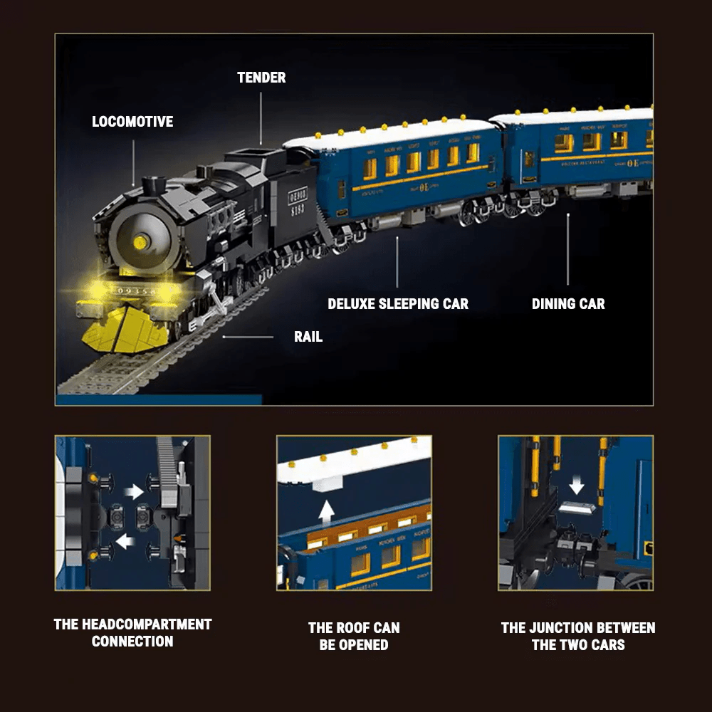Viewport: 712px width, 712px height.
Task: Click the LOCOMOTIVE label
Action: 132,122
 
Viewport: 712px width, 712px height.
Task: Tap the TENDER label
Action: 261,78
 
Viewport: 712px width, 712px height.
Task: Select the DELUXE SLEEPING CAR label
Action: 398,304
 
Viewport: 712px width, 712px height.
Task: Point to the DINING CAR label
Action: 568,304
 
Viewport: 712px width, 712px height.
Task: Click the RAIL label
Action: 308,337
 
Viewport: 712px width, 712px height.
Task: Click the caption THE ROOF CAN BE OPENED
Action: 354,636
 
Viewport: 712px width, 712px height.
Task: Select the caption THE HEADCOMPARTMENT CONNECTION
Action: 132,632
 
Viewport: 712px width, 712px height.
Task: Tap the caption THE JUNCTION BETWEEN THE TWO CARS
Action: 577,636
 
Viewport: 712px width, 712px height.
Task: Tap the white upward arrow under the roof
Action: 326,512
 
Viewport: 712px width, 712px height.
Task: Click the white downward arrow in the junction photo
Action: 577,486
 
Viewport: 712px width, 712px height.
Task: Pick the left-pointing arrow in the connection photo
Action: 125,543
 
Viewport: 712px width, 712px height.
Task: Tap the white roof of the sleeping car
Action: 392,134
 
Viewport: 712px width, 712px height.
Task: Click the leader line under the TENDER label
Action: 261,117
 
